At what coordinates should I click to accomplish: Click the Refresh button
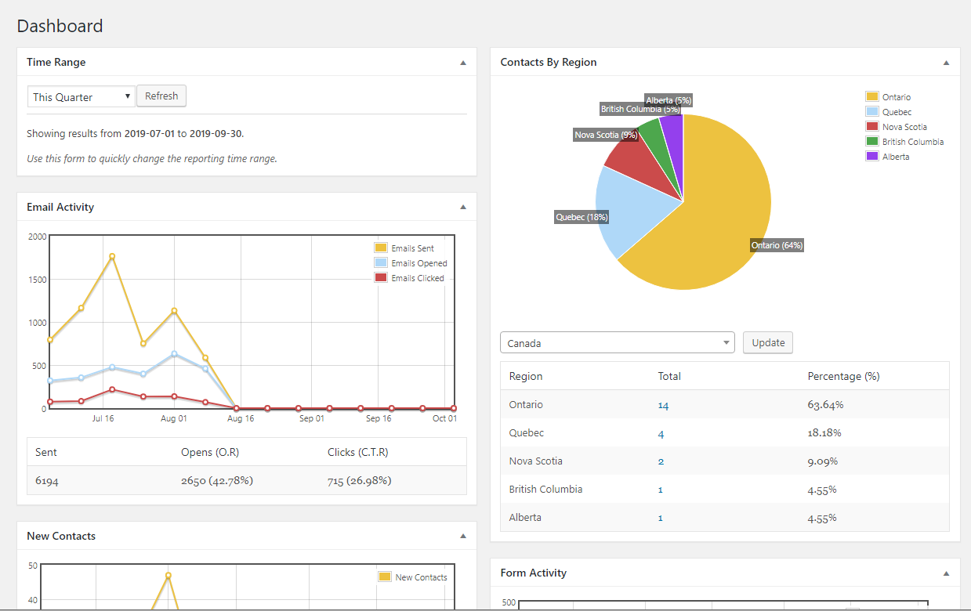click(161, 96)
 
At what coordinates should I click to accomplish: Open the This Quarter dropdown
click(82, 97)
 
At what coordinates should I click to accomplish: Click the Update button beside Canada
click(768, 343)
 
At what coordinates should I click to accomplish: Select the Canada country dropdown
click(617, 343)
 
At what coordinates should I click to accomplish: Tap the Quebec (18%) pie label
click(582, 217)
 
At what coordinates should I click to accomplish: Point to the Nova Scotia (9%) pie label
click(606, 135)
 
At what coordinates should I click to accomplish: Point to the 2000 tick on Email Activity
click(37, 237)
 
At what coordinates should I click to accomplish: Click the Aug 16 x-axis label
click(241, 418)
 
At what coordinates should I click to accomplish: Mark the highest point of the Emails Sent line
click(112, 256)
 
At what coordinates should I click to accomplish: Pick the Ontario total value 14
click(663, 405)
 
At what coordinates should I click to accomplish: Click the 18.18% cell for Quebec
click(824, 433)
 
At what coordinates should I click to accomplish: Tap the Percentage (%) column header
click(843, 377)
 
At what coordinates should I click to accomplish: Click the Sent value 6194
click(47, 480)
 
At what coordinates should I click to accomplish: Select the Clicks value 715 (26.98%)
click(359, 480)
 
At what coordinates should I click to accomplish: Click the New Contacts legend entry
click(421, 577)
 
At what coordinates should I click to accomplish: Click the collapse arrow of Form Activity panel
click(946, 573)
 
